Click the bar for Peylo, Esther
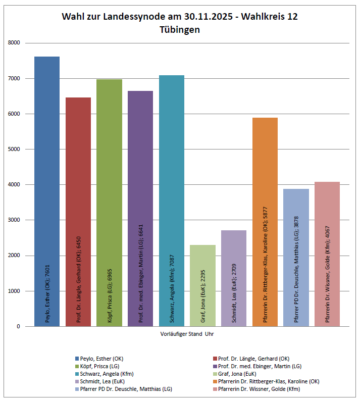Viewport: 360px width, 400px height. pos(47,192)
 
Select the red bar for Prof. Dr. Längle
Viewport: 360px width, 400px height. pos(78,212)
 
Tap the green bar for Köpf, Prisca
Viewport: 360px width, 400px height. pos(109,202)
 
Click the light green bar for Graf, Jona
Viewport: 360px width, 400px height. pos(202,285)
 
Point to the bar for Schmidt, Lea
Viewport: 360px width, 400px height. pos(234,278)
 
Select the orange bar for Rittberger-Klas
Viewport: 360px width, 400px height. pos(265,222)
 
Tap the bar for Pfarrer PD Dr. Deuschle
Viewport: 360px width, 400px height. pos(296,258)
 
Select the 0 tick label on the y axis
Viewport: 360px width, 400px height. pos(18,326)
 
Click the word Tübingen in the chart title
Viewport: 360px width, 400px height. pos(180,30)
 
